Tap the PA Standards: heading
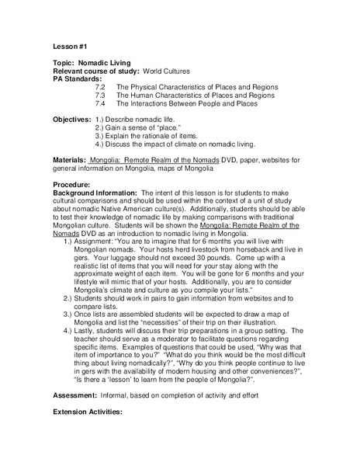(77, 79)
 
